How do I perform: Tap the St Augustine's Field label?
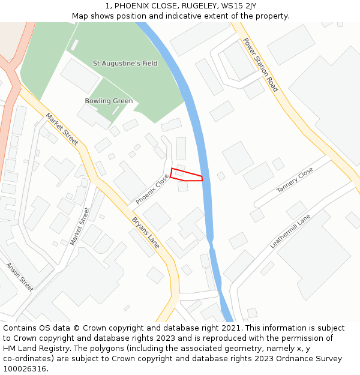coord(125,63)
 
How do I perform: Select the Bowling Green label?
coord(109,101)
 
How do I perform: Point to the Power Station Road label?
coord(260,65)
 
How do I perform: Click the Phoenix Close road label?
coord(152,189)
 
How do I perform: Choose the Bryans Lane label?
coord(146,233)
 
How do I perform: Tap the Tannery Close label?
coord(295,180)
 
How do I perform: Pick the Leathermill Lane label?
coord(290,231)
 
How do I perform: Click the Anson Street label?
coord(20,277)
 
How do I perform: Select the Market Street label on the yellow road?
coord(62,129)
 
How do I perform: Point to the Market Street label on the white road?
coord(80,226)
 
